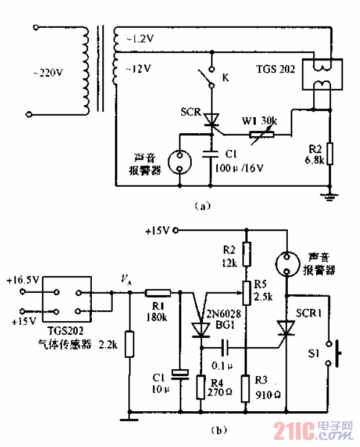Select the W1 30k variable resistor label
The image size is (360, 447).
tap(258, 121)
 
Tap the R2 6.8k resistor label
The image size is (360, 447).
tap(316, 155)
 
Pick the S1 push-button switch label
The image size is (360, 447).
tap(314, 352)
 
